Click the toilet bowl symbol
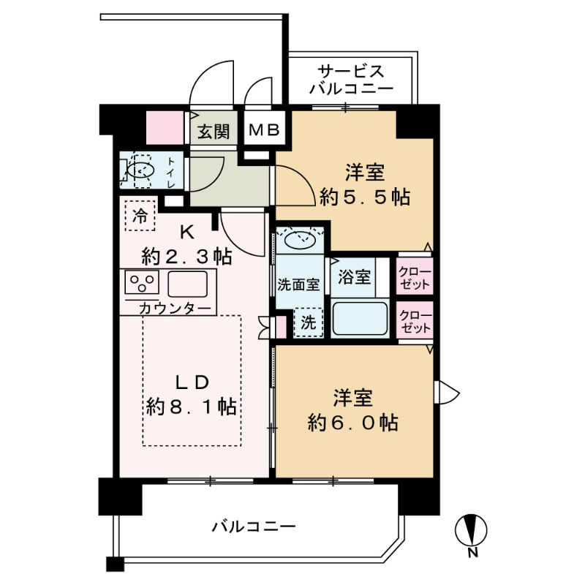click(138, 170)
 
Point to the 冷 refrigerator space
click(140, 215)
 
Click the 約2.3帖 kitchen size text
click(187, 257)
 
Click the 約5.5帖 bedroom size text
click(364, 197)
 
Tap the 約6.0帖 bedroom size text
click(354, 422)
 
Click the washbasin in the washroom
click(300, 240)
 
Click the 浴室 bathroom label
click(354, 279)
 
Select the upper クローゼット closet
click(415, 276)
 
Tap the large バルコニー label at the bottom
click(254, 526)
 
